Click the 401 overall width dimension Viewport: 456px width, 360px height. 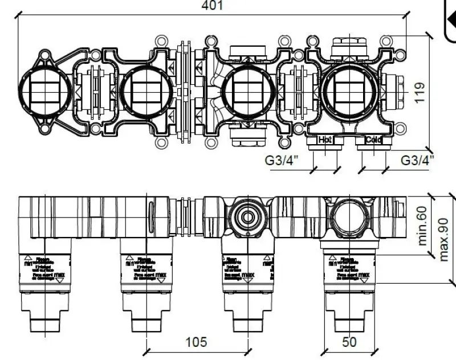[x=213, y=6]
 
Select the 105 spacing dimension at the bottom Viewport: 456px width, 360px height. [x=196, y=342]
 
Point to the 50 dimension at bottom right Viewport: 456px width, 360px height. [x=349, y=342]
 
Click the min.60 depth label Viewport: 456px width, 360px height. [x=422, y=225]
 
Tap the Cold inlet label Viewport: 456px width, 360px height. [x=373, y=140]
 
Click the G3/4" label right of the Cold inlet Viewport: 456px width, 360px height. [x=417, y=160]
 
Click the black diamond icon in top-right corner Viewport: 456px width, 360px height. [x=450, y=20]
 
